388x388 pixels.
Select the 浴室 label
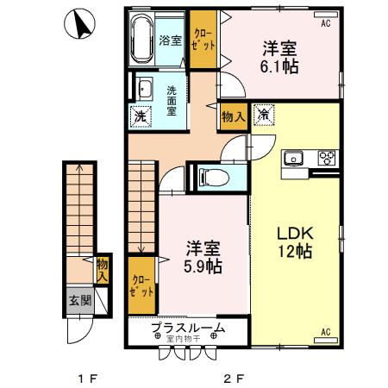click(x=171, y=41)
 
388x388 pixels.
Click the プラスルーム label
click(x=188, y=327)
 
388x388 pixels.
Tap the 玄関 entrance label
click(x=80, y=302)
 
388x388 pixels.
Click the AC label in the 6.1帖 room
click(x=326, y=24)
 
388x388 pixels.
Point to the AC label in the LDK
click(x=326, y=331)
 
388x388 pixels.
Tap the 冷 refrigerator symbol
click(x=264, y=115)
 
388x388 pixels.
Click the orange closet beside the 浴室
click(x=203, y=39)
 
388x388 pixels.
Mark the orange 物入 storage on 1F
click(x=103, y=270)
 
